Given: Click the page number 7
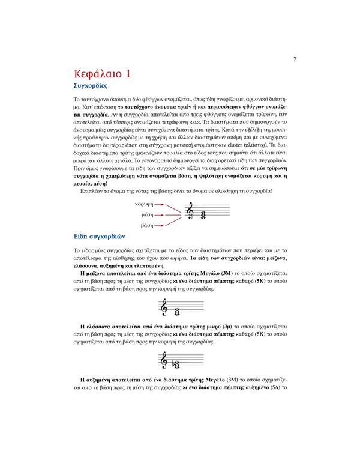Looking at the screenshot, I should (295, 59).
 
